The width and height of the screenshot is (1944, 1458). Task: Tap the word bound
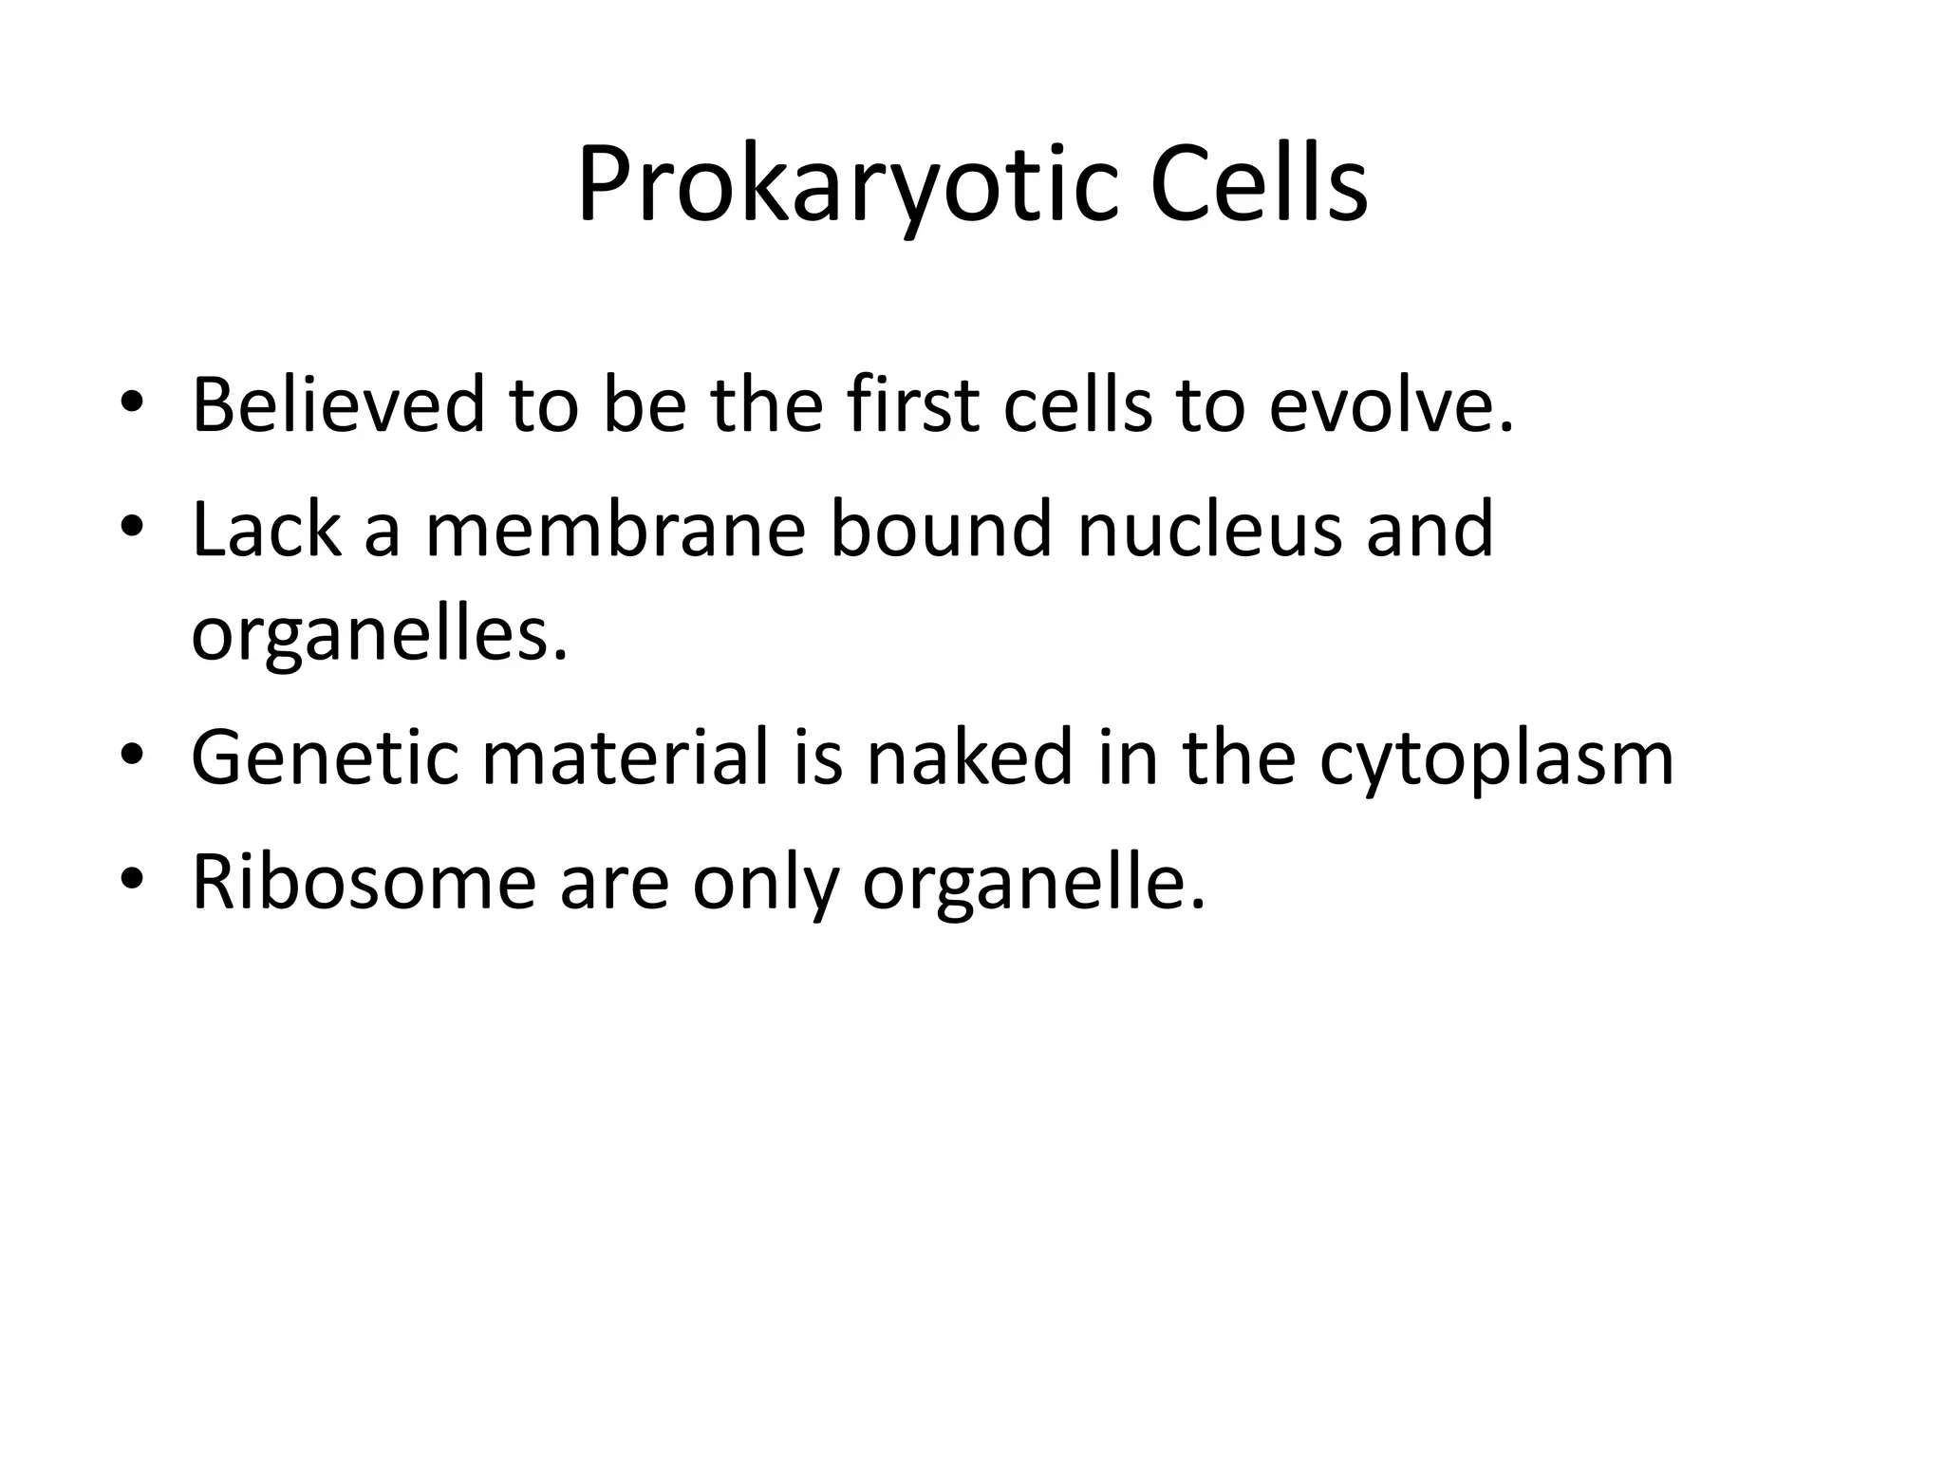941,529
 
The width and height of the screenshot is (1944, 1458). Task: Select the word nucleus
1209,529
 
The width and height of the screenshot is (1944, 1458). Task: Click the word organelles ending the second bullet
379,636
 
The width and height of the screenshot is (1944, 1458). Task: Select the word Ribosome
364,882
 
